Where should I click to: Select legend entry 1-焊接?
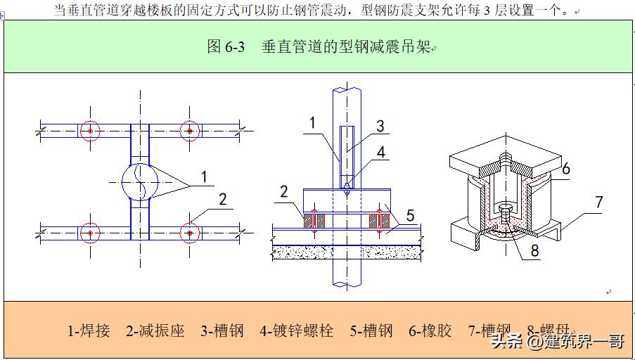[89, 330]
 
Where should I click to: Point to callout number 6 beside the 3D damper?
[566, 169]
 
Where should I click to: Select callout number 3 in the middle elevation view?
[379, 127]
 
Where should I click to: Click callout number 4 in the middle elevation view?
[380, 151]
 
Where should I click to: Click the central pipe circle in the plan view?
[140, 181]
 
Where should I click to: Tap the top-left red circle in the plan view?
[89, 131]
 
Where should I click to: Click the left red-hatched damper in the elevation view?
[311, 220]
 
